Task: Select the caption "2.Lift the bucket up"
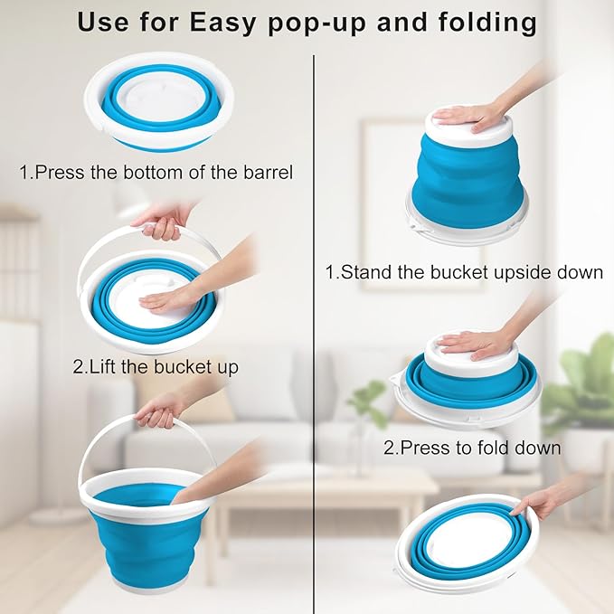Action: click(156, 367)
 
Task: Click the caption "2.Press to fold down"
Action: click(472, 447)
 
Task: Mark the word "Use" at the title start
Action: click(102, 22)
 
